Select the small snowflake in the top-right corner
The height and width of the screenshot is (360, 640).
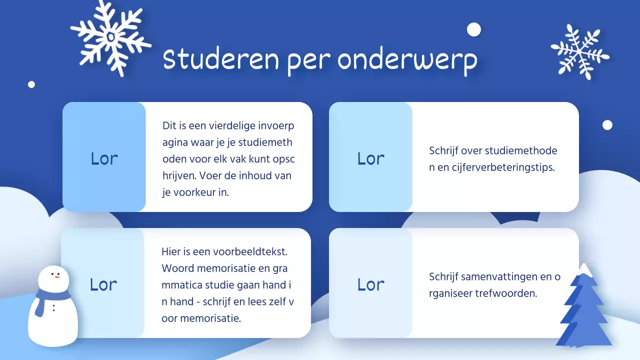coord(580,52)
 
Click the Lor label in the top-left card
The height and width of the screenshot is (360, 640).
coord(104,158)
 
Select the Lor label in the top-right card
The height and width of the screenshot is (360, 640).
coord(370,158)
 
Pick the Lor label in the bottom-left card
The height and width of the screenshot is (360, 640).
coord(103,284)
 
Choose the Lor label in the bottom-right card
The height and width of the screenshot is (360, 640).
coord(370,284)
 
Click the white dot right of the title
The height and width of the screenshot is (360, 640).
coord(473,30)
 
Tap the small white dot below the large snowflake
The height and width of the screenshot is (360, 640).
coord(31,84)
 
